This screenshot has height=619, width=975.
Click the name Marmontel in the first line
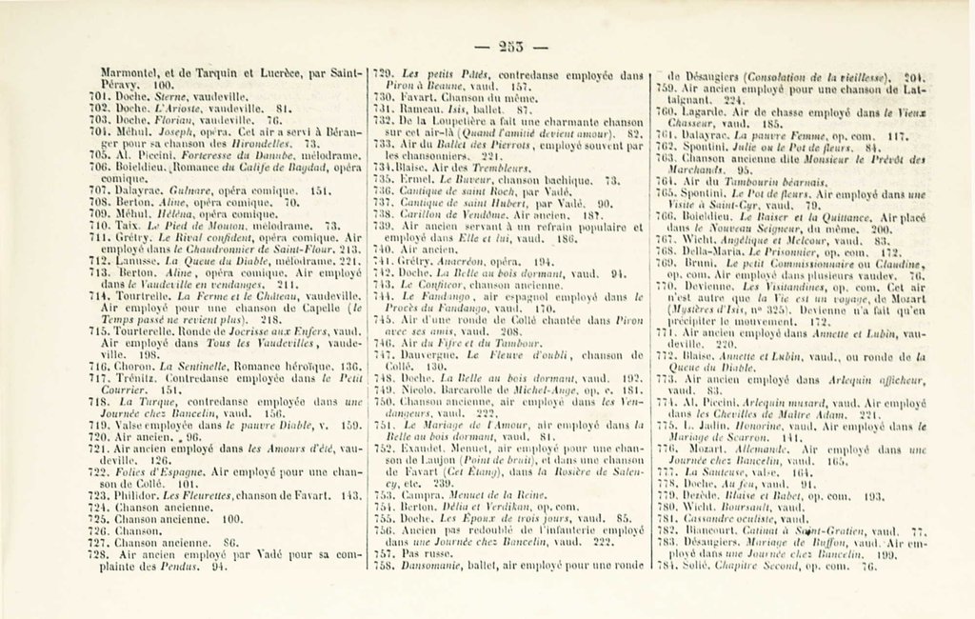coord(134,70)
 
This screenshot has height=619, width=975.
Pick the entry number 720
coord(113,436)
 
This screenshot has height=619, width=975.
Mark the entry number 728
coord(113,554)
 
